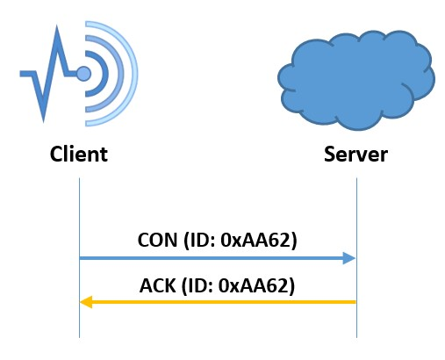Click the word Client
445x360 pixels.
click(79, 154)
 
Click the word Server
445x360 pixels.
click(355, 154)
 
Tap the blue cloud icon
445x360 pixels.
click(356, 80)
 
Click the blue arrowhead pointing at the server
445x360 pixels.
click(349, 258)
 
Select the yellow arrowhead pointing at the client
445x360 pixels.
click(86, 302)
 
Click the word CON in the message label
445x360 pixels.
click(157, 241)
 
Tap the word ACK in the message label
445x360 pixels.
click(158, 285)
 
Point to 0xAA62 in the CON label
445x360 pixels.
click(256, 241)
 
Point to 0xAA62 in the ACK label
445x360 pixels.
click(255, 285)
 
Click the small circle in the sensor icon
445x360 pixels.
click(83, 73)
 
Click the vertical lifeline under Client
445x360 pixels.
click(79, 257)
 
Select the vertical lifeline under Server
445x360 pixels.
click(356, 257)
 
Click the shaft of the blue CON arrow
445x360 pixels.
click(212, 258)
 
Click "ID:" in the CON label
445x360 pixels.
click(203, 241)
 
